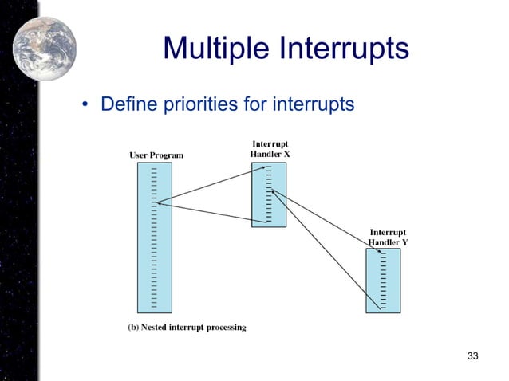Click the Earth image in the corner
click(x=45, y=37)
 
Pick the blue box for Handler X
click(x=268, y=194)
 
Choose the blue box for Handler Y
click(x=383, y=280)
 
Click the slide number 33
click(x=472, y=355)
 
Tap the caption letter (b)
click(x=134, y=328)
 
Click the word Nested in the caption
click(x=158, y=328)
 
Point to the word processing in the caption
click(x=226, y=328)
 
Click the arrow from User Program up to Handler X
click(x=211, y=184)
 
